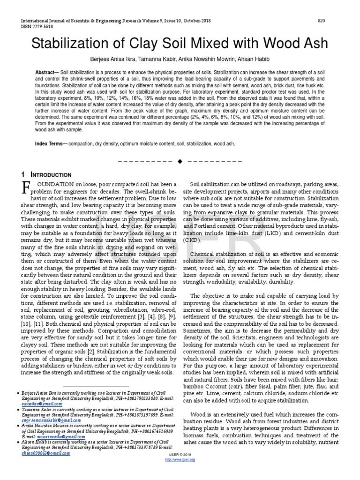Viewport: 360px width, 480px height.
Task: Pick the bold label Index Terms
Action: pos(51,144)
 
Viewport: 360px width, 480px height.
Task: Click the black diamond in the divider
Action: pos(179,162)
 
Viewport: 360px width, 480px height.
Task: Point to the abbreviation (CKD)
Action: pos(192,240)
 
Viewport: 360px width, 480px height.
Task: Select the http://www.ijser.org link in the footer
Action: pos(180,460)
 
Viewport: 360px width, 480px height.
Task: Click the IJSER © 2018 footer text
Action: pos(180,455)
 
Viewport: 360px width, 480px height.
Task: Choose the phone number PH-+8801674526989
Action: pos(150,431)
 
